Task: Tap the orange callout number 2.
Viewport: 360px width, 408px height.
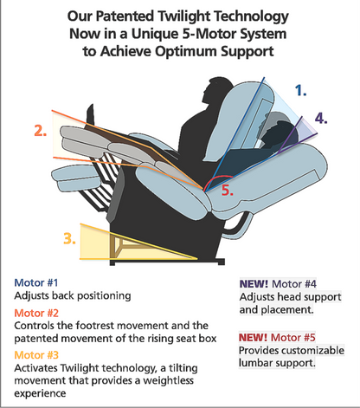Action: click(39, 131)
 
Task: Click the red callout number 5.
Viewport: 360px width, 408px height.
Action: click(227, 190)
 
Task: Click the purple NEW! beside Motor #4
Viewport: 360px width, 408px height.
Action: click(256, 282)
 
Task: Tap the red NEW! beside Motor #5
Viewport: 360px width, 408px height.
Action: click(256, 338)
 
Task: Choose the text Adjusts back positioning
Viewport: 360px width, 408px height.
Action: click(72, 295)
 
